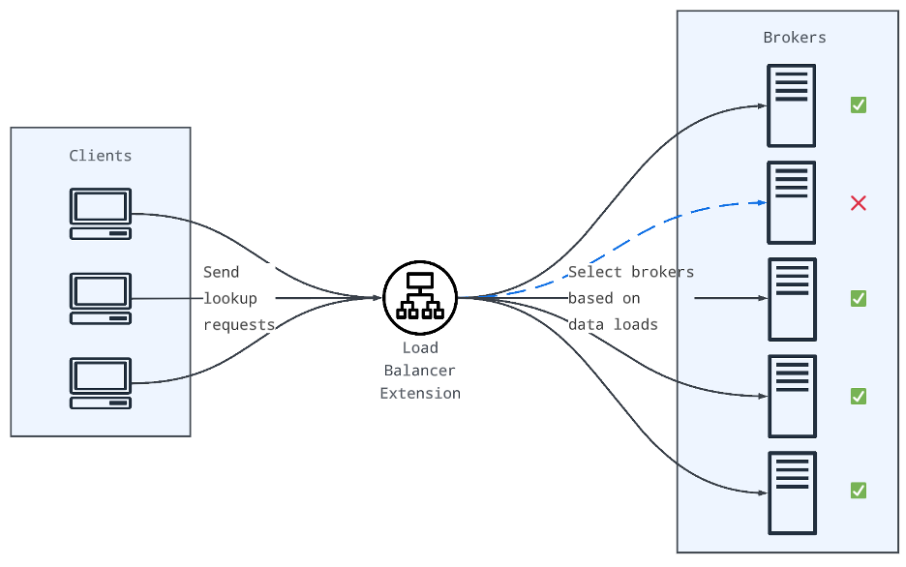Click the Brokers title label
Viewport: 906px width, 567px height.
click(795, 38)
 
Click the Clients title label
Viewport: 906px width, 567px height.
click(101, 155)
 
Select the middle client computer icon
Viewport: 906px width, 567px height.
click(101, 298)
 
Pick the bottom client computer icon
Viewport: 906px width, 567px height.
click(101, 383)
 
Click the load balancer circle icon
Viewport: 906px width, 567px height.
click(420, 298)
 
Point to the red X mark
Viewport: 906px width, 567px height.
click(858, 202)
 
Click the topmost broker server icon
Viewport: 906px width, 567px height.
click(791, 105)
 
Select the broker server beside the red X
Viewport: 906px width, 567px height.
click(791, 202)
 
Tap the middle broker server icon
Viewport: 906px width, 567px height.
click(792, 299)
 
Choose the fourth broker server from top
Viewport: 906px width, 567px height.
click(792, 396)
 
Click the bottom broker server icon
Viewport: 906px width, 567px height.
click(792, 492)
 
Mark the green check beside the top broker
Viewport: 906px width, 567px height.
click(858, 104)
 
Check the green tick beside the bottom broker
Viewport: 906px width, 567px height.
click(858, 491)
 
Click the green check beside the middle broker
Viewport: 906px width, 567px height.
click(858, 298)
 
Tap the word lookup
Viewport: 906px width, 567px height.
click(230, 298)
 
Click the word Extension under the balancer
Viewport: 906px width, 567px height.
click(420, 393)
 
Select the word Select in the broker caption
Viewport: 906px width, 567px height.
click(594, 272)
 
